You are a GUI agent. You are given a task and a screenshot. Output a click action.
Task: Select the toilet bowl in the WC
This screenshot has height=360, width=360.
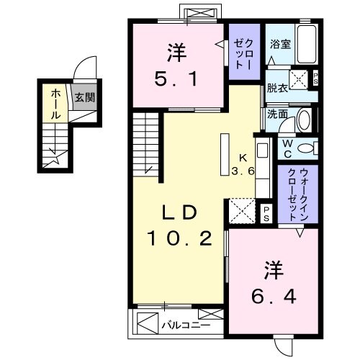pyautogui.click(x=307, y=149)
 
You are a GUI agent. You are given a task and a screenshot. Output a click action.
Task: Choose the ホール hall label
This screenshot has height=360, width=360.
pyautogui.click(x=55, y=103)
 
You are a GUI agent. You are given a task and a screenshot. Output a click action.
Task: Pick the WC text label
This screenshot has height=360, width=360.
pyautogui.click(x=287, y=149)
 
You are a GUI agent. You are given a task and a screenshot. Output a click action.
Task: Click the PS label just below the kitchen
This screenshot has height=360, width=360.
pyautogui.click(x=266, y=211)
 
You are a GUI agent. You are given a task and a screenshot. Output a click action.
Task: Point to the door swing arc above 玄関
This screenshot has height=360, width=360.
pyautogui.click(x=87, y=68)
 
